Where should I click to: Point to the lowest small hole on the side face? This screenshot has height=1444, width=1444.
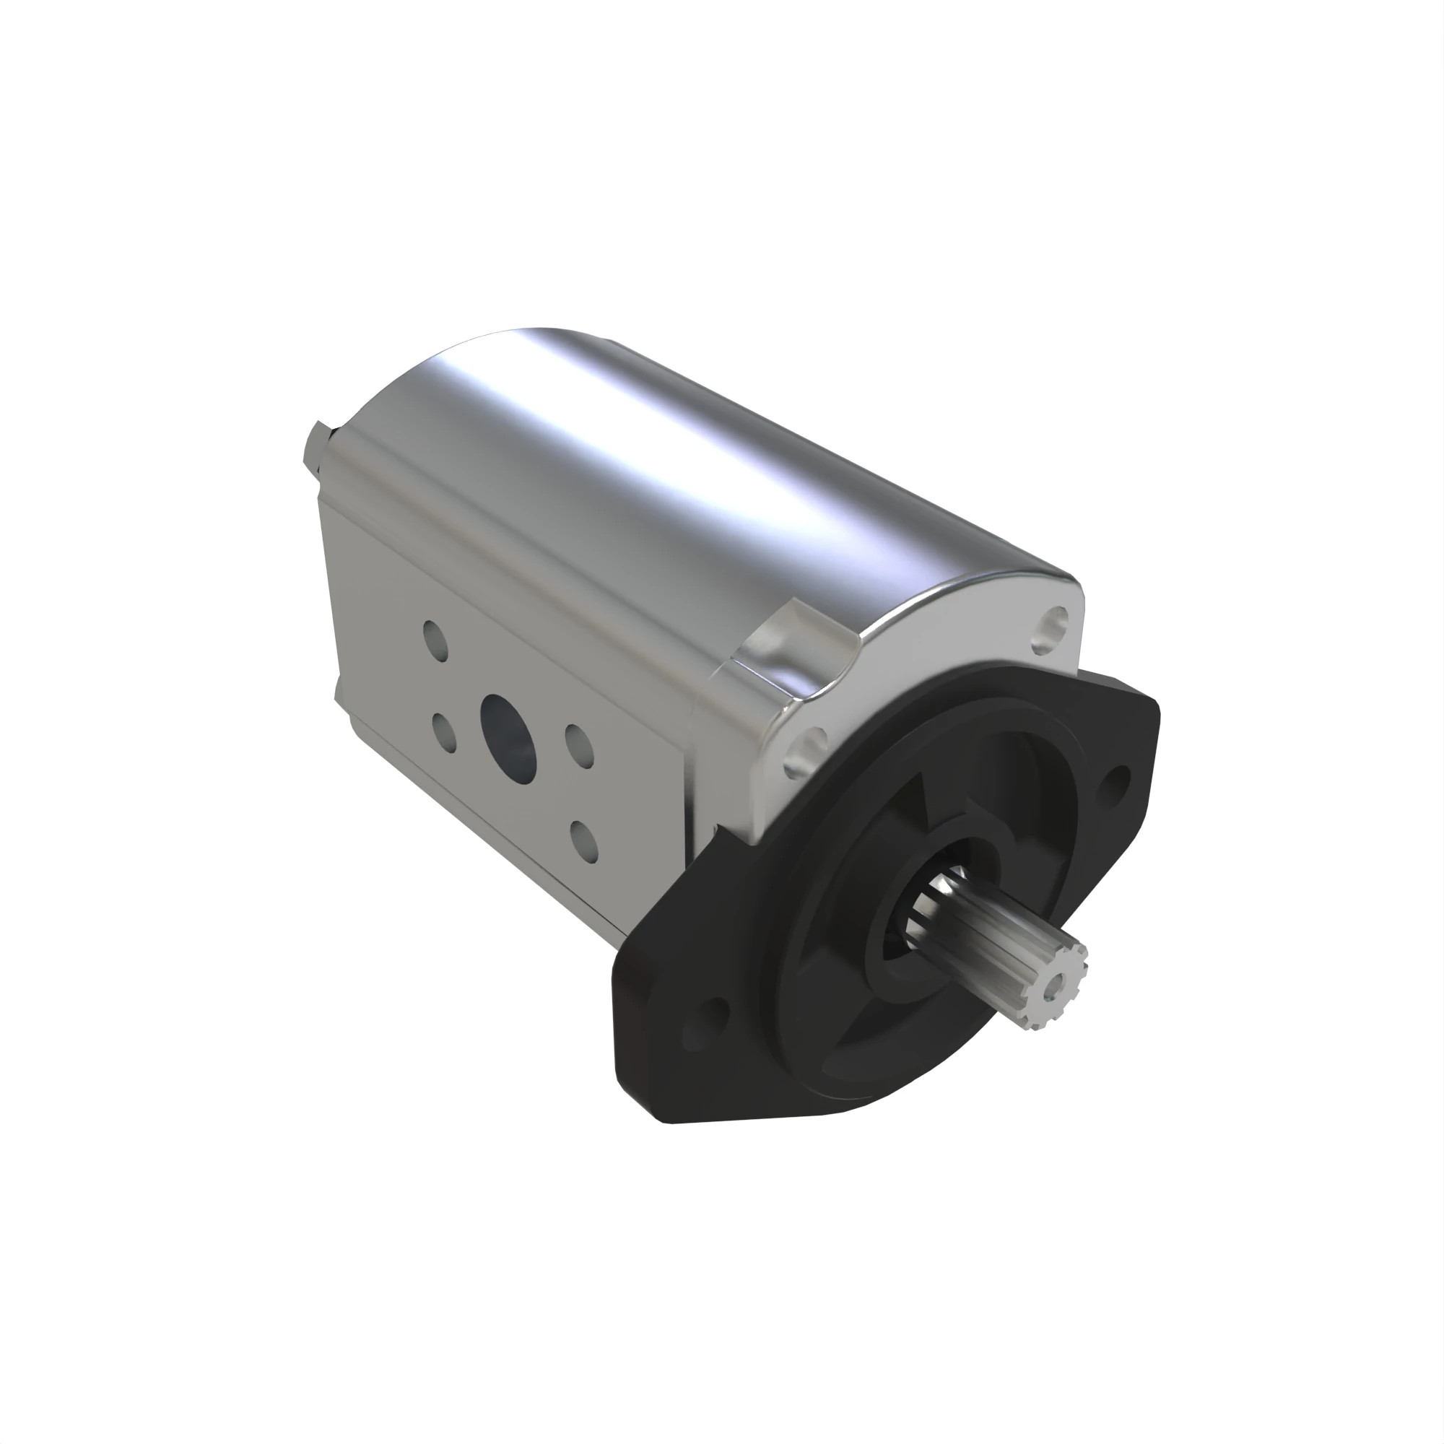586,840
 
